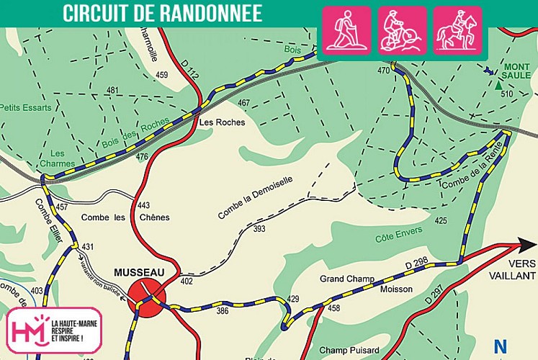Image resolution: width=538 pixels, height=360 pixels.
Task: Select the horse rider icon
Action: [x=458, y=30]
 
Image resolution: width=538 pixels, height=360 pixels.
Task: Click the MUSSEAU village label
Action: [x=139, y=272]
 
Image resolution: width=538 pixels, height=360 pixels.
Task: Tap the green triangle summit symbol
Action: [x=498, y=85]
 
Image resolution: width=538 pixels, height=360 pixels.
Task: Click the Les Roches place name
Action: [x=222, y=122]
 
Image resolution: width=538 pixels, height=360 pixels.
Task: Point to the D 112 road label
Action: [x=189, y=68]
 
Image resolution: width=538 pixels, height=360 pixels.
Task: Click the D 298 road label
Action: [x=418, y=266]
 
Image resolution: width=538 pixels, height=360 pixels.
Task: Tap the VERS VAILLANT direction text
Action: [x=512, y=270]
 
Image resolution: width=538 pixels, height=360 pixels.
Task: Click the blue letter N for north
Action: [x=500, y=346]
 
